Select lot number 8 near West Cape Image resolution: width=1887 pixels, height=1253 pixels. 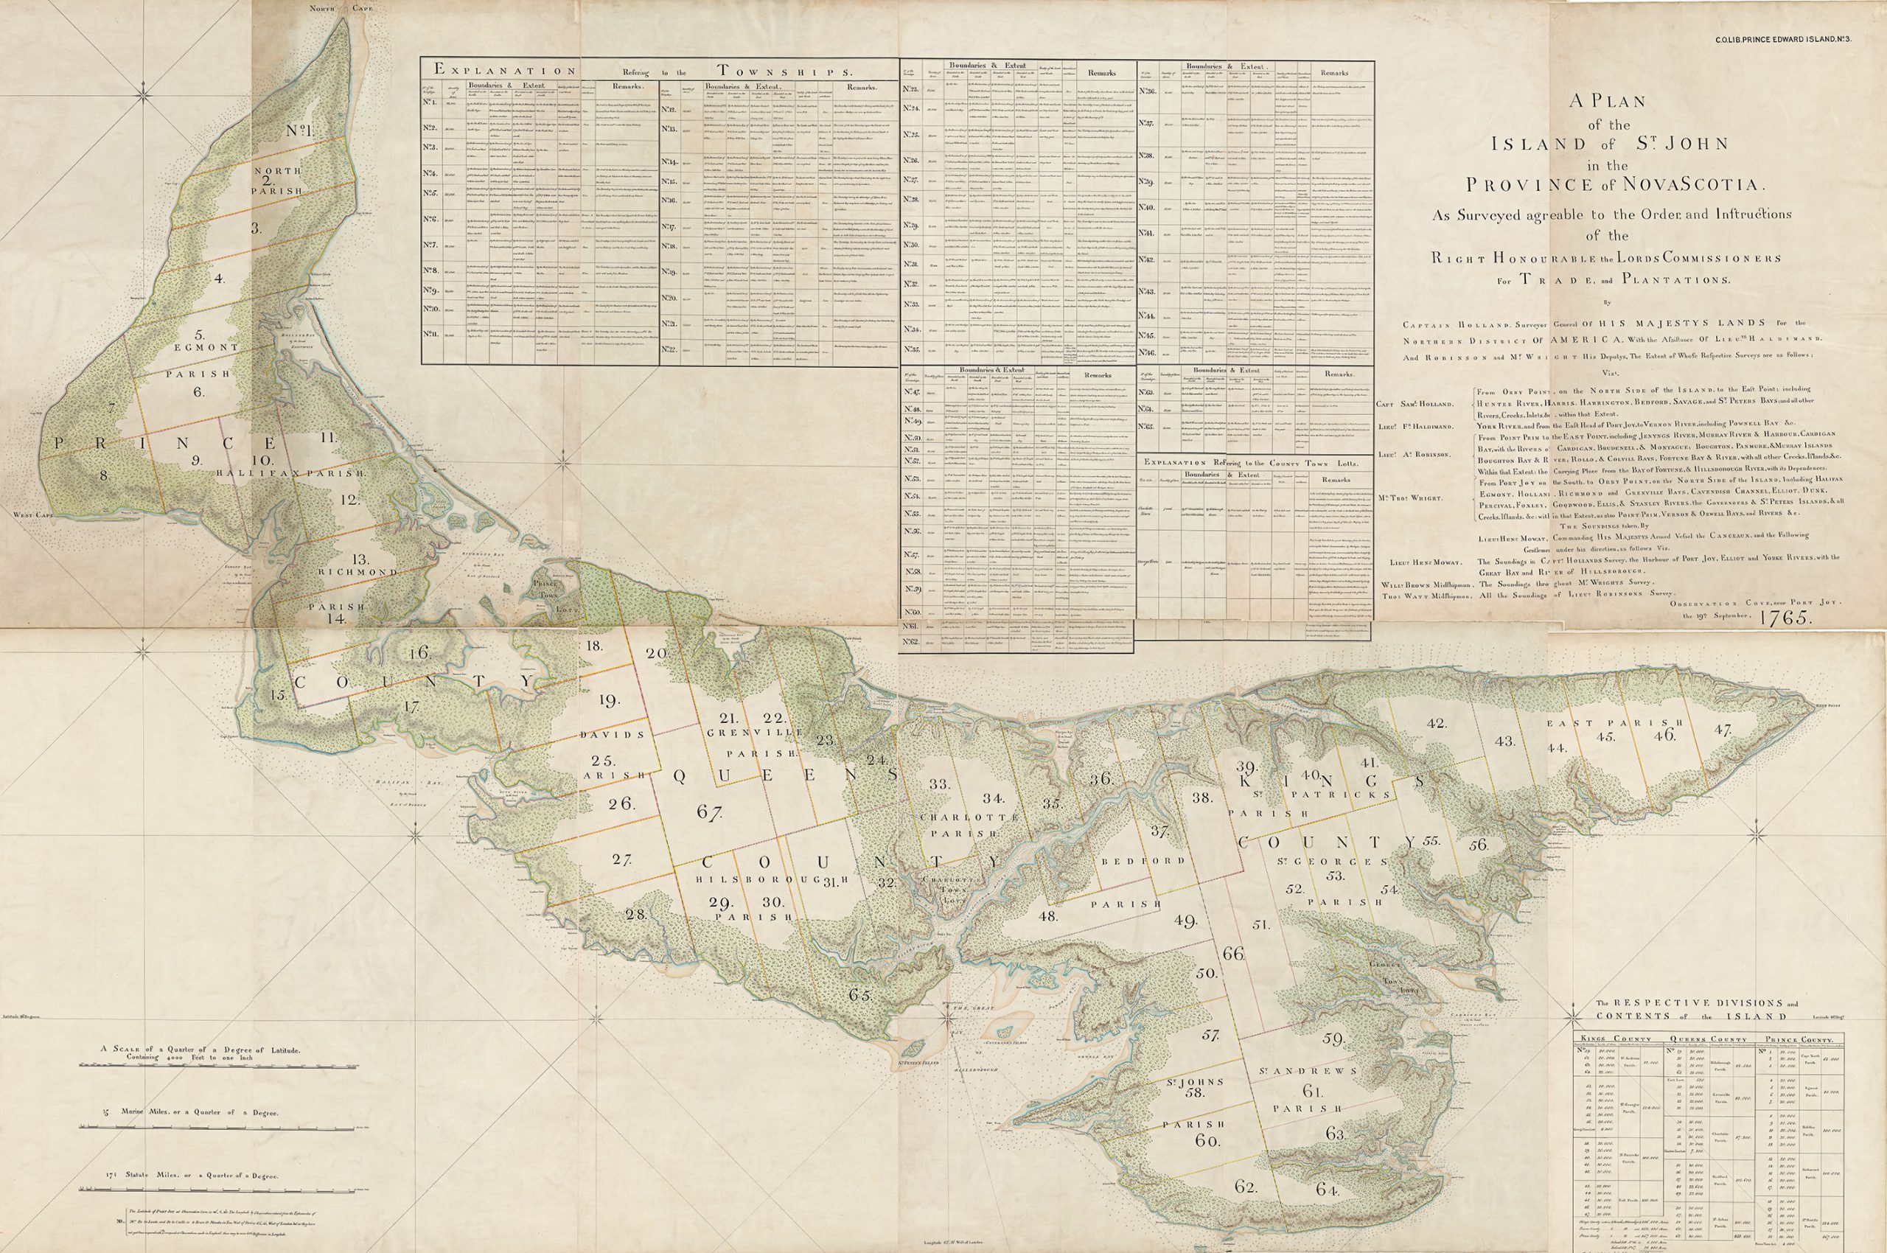pos(103,475)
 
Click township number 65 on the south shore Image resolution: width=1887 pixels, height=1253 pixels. pos(860,996)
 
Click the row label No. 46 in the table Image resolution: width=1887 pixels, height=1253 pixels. pos(1148,352)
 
